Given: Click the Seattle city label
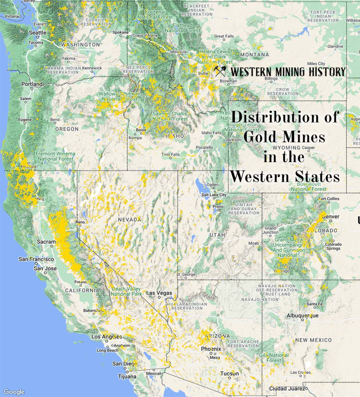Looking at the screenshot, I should click(38, 33).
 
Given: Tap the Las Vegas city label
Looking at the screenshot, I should click(159, 293).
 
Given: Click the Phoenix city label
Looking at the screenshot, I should click(211, 349).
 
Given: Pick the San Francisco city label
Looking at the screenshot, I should click(36, 259).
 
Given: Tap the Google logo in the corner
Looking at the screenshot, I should click(14, 392).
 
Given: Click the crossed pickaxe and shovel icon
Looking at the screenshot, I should click(220, 71).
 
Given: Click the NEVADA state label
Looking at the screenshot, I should click(130, 219).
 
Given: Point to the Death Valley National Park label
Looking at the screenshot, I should click(126, 291).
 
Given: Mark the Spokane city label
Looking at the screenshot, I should click(120, 33).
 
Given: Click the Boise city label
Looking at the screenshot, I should click(141, 130).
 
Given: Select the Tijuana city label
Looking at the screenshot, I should click(127, 376).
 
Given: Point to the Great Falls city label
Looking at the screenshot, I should click(224, 36).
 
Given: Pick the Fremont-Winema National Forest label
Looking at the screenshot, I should click(56, 156).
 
